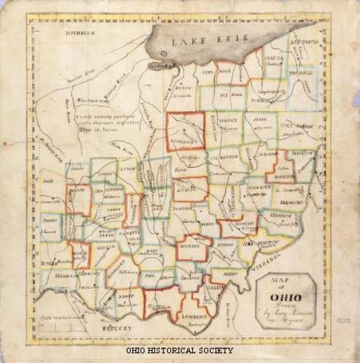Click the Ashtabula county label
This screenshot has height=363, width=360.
click(306, 44)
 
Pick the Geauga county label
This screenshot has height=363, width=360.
click(274, 57)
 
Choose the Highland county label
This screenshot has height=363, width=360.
click(123, 271)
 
